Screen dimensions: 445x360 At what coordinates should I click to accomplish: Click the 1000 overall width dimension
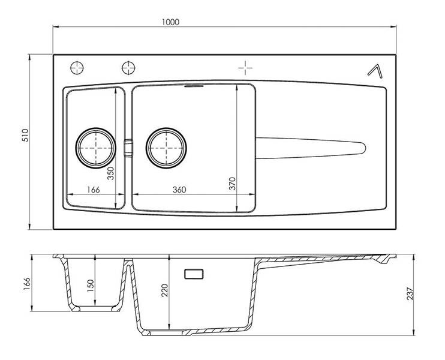tap(170, 22)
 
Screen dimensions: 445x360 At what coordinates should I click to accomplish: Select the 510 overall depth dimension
tap(26, 135)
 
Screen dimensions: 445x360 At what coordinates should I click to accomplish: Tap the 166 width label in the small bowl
tap(94, 190)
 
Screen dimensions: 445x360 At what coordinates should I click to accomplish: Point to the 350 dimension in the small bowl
tap(111, 173)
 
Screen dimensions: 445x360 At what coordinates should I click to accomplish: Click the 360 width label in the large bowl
tap(179, 190)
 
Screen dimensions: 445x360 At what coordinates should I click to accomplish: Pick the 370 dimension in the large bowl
tap(233, 184)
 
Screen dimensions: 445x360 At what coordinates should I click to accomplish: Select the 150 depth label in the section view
tap(90, 286)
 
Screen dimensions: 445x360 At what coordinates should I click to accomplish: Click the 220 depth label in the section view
tap(164, 290)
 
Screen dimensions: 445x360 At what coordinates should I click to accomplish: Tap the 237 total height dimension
tap(410, 294)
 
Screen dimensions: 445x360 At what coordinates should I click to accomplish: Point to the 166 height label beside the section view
tap(26, 284)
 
